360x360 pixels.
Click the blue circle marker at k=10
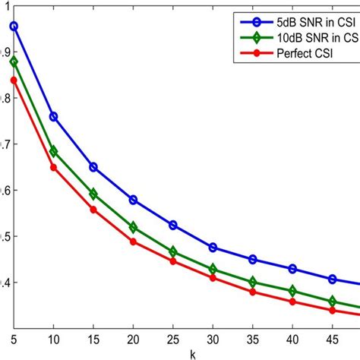pyautogui.click(x=53, y=117)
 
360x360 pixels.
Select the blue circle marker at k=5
pyautogui.click(x=14, y=27)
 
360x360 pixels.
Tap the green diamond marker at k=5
pyautogui.click(x=14, y=62)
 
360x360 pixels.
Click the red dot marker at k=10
pyautogui.click(x=53, y=167)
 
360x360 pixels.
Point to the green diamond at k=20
pyautogui.click(x=133, y=228)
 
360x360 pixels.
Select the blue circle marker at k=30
pyautogui.click(x=213, y=248)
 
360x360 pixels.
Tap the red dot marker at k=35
pyautogui.click(x=253, y=292)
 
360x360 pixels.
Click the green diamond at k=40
pyautogui.click(x=292, y=291)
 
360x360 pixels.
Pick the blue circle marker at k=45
pyautogui.click(x=332, y=279)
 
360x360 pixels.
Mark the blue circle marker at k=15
pyautogui.click(x=93, y=167)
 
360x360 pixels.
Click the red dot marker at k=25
pyautogui.click(x=173, y=261)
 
